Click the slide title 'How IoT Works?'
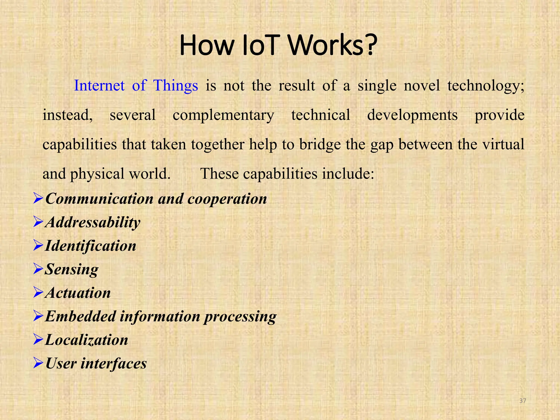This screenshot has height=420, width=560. pos(278,45)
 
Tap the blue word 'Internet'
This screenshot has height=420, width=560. pos(99,86)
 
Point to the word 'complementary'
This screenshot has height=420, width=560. pos(223,115)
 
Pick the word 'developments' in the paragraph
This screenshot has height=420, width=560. pos(412,115)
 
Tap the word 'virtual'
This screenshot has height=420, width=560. pos(503,144)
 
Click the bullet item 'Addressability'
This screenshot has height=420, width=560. pos(93,223)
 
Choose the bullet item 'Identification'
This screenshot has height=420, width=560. pos(91,246)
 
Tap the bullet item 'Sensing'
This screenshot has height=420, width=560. pos(72,270)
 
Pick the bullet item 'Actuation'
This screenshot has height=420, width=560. pos(78,293)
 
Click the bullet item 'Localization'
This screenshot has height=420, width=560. pos(87,340)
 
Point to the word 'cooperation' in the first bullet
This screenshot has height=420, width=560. pos(227,199)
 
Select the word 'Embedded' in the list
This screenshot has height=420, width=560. pos(81,316)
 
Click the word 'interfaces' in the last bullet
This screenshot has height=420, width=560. pos(113,364)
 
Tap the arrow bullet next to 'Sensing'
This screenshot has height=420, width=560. pos(38,269)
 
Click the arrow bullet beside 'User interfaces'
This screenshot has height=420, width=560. pos(38,363)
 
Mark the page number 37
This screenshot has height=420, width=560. pos(523,401)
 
